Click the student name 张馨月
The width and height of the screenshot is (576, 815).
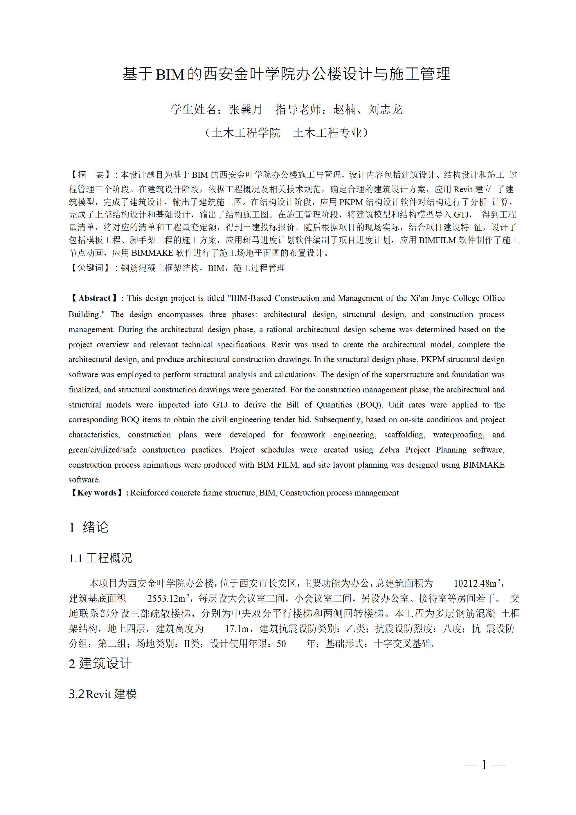[246, 109]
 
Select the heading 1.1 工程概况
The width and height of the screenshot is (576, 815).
[100, 558]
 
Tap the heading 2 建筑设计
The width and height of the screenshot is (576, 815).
[100, 663]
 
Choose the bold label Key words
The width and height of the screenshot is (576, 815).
[97, 493]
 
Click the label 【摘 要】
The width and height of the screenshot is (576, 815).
[91, 175]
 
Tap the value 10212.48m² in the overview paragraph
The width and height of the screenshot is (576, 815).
[477, 583]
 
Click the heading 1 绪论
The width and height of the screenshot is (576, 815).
[89, 527]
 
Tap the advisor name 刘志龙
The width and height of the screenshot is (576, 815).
[385, 109]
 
